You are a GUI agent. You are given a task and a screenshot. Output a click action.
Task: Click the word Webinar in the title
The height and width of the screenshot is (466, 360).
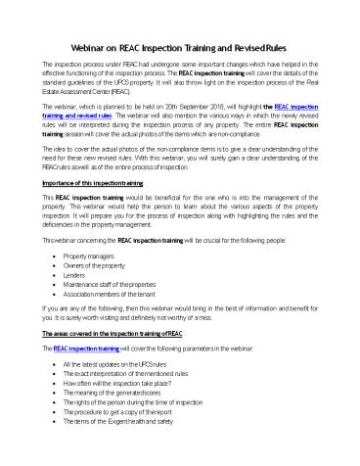(93, 46)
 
